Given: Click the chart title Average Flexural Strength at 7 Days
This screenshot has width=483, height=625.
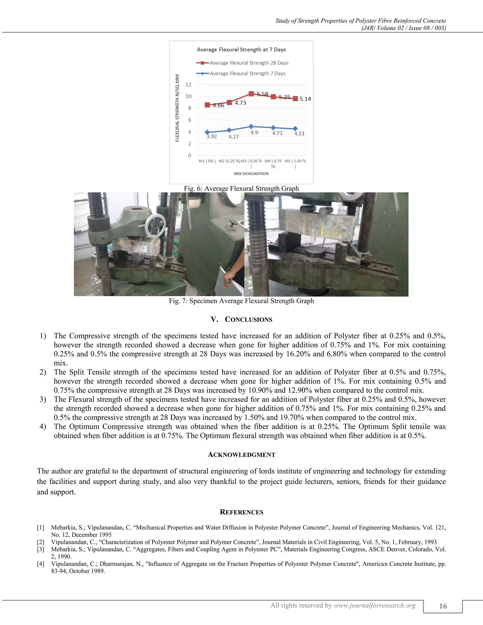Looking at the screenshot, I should [x=241, y=50].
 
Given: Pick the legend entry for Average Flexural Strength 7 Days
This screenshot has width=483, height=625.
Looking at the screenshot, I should [x=247, y=74].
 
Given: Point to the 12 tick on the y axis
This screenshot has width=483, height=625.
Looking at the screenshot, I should [x=188, y=85].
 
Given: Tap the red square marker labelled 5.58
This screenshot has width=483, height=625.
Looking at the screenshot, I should [x=251, y=94].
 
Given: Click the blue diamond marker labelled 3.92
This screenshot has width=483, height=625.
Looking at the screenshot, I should [x=207, y=132].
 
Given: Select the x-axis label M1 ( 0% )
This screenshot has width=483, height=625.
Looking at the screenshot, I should [x=207, y=161].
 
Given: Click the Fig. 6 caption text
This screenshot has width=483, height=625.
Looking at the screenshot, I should [x=241, y=189].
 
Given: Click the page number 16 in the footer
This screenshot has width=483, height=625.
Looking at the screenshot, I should [x=443, y=606].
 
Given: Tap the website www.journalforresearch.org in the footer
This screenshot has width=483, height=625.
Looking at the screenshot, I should [x=375, y=605].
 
